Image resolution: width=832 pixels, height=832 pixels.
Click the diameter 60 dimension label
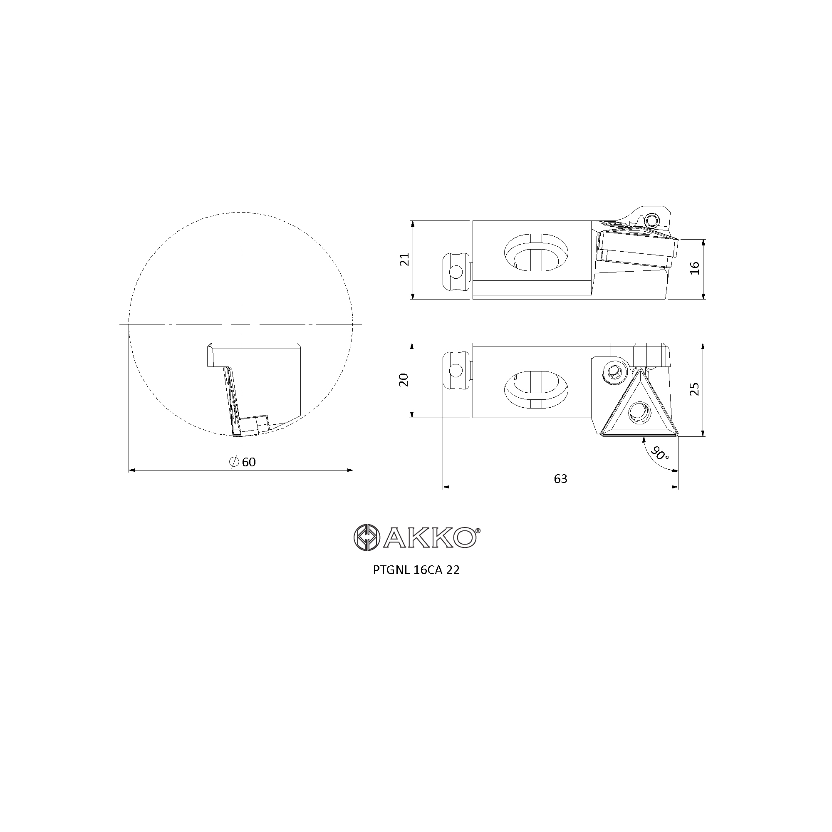pyautogui.click(x=243, y=462)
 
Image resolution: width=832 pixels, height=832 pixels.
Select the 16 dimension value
pyautogui.click(x=695, y=268)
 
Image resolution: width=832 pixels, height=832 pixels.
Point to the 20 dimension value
pyautogui.click(x=404, y=380)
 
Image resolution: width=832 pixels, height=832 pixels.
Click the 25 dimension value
pyautogui.click(x=694, y=389)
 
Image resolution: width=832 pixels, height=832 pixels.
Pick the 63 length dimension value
pyautogui.click(x=561, y=479)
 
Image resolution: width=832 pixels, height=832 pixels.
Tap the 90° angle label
pyautogui.click(x=660, y=453)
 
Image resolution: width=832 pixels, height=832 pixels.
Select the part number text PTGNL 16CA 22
pyautogui.click(x=416, y=570)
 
